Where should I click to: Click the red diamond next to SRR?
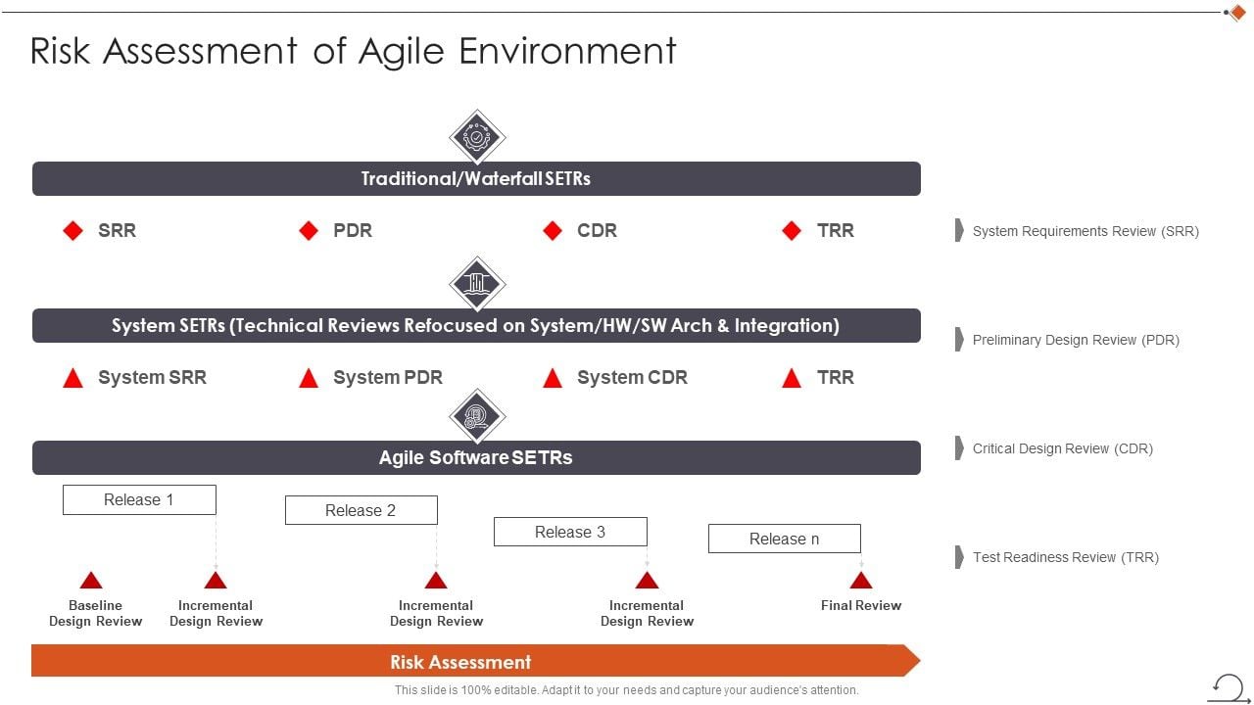pyautogui.click(x=73, y=231)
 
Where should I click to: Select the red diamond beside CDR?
pyautogui.click(x=553, y=231)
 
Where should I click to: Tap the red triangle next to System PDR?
pyautogui.click(x=309, y=378)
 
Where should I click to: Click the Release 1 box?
pyautogui.click(x=139, y=499)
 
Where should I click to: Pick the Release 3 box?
pyautogui.click(x=570, y=532)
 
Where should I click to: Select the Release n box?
pyautogui.click(x=784, y=539)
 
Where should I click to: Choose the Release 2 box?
pyautogui.click(x=361, y=510)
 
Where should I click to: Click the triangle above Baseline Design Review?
pyautogui.click(x=91, y=580)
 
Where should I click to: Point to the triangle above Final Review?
pyautogui.click(x=861, y=580)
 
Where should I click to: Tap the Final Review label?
pyautogui.click(x=861, y=605)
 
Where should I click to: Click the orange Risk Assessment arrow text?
pyautogui.click(x=460, y=662)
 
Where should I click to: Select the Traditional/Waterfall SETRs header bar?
pyautogui.click(x=476, y=179)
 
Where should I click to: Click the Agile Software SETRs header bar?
pyautogui.click(x=476, y=457)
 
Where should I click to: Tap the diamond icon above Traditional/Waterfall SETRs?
pyautogui.click(x=477, y=137)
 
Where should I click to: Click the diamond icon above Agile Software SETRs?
pyautogui.click(x=477, y=416)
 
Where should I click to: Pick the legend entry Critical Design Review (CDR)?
pyautogui.click(x=1062, y=448)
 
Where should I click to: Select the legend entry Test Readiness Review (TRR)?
pyautogui.click(x=1065, y=557)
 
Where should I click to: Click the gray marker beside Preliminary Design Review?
pyautogui.click(x=959, y=340)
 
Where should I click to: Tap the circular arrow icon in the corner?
pyautogui.click(x=1228, y=685)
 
